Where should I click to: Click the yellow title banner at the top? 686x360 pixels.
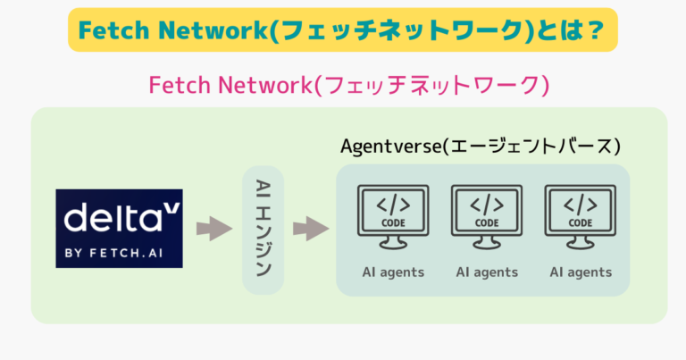tap(343, 30)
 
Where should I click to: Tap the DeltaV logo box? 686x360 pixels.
tap(119, 229)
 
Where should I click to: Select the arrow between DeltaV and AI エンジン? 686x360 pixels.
tap(214, 229)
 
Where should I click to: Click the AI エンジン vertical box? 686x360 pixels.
tap(264, 229)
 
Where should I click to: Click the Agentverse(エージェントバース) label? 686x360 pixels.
tap(481, 145)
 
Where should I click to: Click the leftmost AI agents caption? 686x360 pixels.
tap(393, 272)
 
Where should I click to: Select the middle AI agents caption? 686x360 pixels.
tap(487, 272)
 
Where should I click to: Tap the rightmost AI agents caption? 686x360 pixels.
tap(581, 272)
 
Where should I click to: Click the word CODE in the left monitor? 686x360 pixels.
tap(393, 223)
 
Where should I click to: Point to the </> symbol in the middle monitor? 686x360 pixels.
tap(487, 205)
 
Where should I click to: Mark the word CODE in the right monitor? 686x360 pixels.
tap(581, 223)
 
